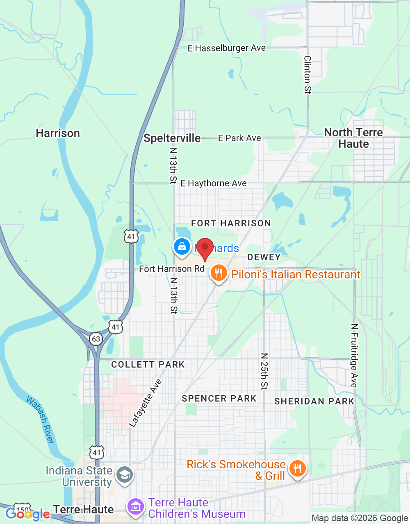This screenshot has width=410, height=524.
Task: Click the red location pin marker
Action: click(205, 248)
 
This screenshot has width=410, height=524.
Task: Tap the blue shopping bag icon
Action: click(182, 246)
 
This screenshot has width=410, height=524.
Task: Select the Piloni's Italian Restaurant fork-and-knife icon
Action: click(219, 273)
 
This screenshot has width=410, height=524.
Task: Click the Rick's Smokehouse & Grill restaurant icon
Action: click(297, 469)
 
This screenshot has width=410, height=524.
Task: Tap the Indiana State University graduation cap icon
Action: click(124, 475)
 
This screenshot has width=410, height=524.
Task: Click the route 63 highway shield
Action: click(96, 339)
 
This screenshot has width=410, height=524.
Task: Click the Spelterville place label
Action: click(172, 138)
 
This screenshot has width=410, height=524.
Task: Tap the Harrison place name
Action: click(58, 133)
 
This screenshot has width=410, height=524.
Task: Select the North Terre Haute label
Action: click(353, 138)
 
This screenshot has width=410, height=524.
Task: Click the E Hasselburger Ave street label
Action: click(227, 48)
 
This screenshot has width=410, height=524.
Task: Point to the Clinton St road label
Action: click(307, 75)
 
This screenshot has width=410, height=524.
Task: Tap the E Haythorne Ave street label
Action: click(214, 183)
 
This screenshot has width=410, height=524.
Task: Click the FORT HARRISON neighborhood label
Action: click(231, 223)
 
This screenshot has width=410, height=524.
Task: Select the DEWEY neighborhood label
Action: click(264, 257)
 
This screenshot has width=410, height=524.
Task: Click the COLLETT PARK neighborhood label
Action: click(148, 364)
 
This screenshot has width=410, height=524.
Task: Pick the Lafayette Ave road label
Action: click(145, 403)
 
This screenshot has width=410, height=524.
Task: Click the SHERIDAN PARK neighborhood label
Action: click(314, 401)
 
